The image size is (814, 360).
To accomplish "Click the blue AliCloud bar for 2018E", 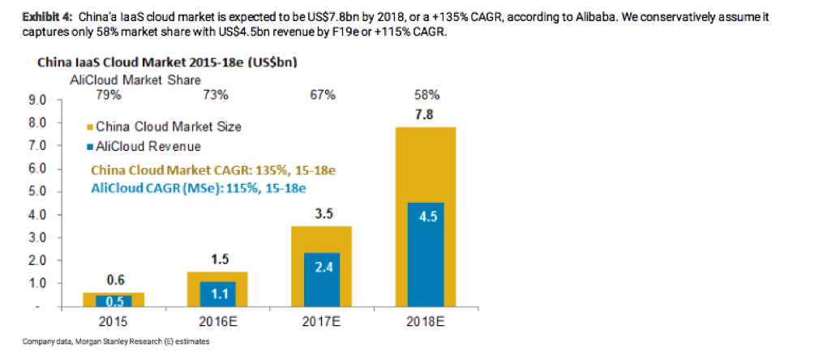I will click(x=425, y=255).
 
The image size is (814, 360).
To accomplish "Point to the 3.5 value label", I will click(x=322, y=214).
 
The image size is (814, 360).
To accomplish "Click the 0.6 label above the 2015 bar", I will click(x=116, y=280).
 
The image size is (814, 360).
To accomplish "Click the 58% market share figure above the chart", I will click(x=426, y=96).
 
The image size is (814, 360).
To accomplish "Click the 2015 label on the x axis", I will click(x=115, y=321).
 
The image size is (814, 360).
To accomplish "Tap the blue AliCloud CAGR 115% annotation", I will click(x=198, y=187).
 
